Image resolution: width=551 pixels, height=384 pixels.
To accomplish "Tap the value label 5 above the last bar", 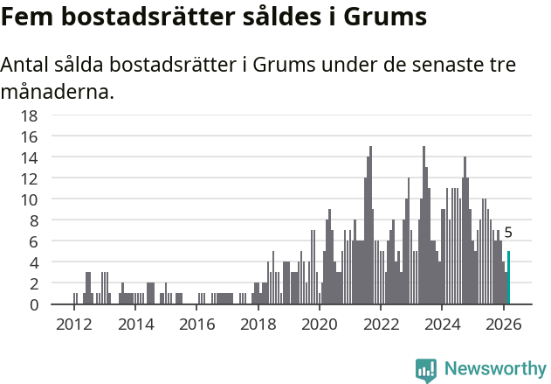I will click(508, 234).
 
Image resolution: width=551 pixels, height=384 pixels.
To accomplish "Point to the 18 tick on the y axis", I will click(29, 115).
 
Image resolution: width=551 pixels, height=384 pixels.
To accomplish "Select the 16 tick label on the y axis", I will click(29, 136).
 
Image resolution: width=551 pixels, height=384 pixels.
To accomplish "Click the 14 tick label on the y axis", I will click(29, 157).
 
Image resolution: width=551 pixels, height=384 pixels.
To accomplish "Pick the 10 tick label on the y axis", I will click(29, 199).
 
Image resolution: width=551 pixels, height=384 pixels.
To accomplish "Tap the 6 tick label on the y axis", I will click(33, 241).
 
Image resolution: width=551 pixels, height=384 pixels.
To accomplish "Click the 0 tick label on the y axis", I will click(33, 304).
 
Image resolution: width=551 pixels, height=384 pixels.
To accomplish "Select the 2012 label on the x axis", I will click(74, 324).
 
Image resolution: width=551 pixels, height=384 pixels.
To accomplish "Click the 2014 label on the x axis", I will click(135, 324).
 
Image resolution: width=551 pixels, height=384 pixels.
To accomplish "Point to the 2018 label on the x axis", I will click(258, 324).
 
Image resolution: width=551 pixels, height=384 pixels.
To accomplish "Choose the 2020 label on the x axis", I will click(320, 324).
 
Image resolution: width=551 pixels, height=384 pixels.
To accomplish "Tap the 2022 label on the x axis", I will click(381, 324).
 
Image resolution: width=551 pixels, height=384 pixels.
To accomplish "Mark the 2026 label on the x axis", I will click(503, 324).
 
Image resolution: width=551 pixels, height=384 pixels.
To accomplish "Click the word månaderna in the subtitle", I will click(58, 90).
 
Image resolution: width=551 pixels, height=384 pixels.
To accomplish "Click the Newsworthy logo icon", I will click(426, 370).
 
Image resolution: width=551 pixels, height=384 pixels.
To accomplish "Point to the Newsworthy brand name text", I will click(495, 369).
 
